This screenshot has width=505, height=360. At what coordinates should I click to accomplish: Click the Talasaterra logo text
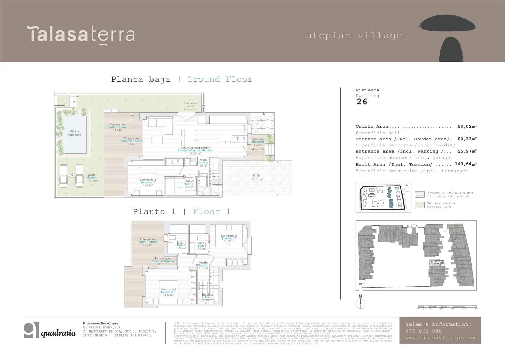(81, 34)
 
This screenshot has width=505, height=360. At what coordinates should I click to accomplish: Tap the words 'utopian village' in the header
(354, 36)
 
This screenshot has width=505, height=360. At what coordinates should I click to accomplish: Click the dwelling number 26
(362, 102)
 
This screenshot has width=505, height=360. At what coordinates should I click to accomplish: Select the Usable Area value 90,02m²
(467, 127)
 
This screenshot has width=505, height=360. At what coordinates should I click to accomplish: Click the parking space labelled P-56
(256, 178)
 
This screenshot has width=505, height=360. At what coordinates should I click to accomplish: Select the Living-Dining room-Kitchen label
(195, 150)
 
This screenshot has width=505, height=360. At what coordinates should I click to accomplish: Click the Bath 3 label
(189, 184)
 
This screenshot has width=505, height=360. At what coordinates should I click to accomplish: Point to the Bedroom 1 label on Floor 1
(168, 292)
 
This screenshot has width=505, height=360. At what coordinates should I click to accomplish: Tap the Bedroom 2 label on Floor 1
(229, 238)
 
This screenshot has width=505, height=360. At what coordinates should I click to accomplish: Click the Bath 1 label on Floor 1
(181, 245)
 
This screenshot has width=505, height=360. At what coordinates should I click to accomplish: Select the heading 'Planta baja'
(140, 79)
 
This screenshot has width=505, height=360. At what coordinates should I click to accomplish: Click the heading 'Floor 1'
(211, 211)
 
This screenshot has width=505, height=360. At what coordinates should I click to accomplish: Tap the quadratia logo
(50, 330)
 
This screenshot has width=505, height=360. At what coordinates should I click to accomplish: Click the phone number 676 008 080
(424, 331)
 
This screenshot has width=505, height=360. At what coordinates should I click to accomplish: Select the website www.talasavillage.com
(440, 338)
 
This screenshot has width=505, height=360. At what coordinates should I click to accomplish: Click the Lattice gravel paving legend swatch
(419, 194)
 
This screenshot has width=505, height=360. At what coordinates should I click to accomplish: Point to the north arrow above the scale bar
(360, 302)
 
